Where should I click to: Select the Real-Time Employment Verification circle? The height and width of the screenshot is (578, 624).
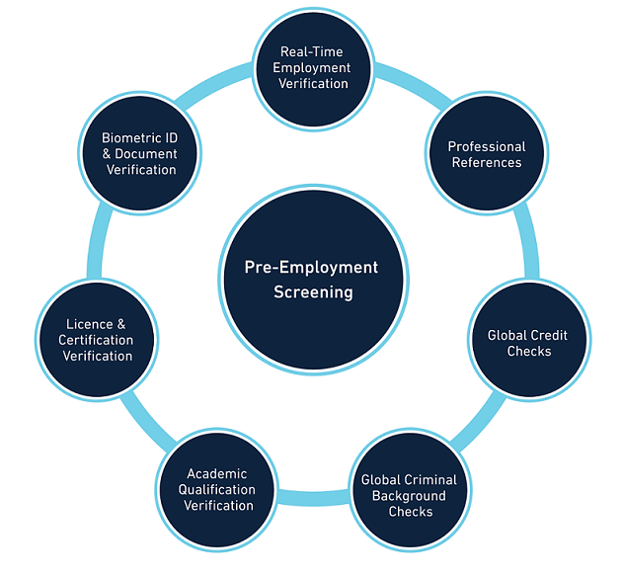click(x=314, y=68)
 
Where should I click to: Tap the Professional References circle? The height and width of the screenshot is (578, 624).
click(x=486, y=155)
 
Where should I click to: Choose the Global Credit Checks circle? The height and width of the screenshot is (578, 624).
click(x=527, y=343)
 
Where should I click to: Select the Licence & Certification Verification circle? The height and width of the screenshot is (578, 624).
click(x=98, y=340)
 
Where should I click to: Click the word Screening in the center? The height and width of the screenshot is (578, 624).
click(x=313, y=292)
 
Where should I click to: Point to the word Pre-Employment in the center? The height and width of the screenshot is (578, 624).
click(x=312, y=267)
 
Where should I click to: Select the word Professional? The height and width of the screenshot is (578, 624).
click(x=487, y=146)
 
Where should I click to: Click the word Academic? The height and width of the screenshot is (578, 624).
click(x=218, y=474)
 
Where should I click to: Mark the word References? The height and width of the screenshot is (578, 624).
click(x=487, y=162)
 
